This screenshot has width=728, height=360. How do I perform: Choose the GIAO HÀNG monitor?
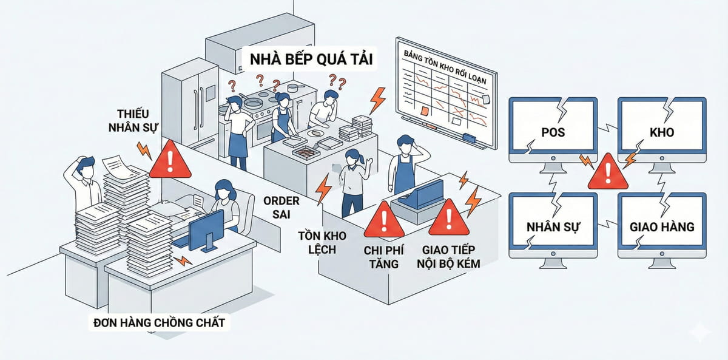[661, 225]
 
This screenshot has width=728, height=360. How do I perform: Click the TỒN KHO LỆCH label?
[317, 242]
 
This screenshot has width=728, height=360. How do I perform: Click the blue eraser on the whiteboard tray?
[470, 138]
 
